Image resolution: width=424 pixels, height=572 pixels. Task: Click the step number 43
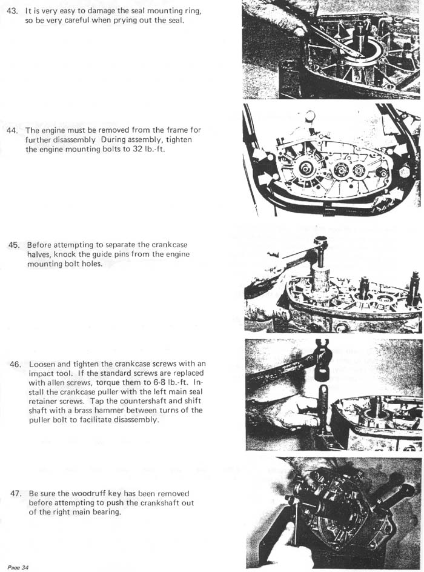12,11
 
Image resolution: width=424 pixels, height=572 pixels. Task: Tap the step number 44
12,130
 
